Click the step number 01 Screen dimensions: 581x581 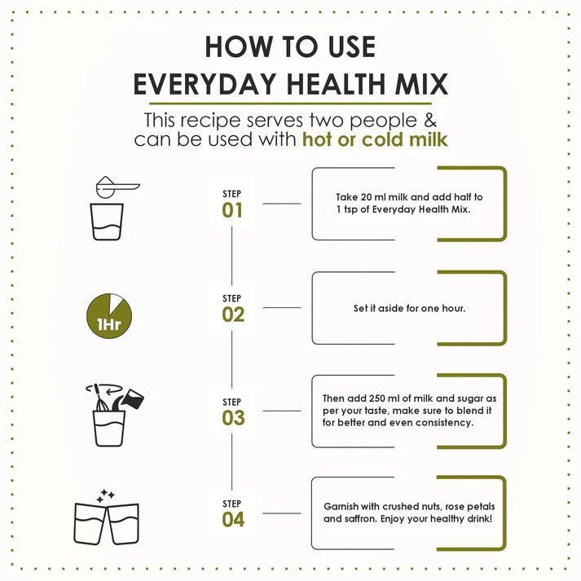[233, 211]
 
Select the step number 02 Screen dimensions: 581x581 [233, 315]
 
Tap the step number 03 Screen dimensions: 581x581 [233, 418]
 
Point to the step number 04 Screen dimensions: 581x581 [233, 519]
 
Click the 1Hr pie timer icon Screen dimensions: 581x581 [108, 315]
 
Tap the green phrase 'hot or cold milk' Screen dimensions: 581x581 [375, 139]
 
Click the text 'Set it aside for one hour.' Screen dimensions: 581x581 [409, 309]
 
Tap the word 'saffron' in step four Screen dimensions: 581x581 [361, 519]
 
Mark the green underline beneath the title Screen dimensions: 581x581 [290, 103]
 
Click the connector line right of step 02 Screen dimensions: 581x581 [282, 308]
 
